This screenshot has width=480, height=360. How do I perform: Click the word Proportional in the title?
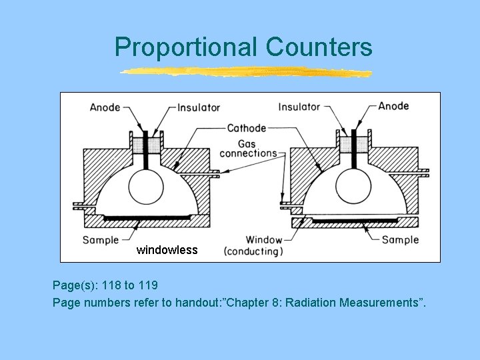(186, 47)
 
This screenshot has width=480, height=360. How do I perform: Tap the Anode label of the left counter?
(105, 107)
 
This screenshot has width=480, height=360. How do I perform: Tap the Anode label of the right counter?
(393, 106)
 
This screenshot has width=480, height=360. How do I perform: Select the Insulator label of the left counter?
(199, 107)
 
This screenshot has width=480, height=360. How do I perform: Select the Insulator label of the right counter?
(299, 107)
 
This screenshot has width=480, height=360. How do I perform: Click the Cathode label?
(247, 128)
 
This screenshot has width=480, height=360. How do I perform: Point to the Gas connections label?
(248, 148)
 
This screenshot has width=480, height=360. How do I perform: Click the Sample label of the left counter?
(101, 240)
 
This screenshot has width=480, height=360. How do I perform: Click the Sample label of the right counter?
(401, 239)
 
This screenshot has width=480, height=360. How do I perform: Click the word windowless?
(167, 251)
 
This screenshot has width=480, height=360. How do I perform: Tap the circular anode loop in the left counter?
(145, 182)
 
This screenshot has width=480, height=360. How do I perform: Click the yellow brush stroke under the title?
(245, 72)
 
